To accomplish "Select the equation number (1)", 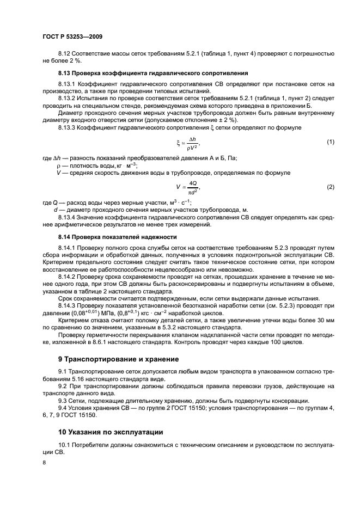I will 330,142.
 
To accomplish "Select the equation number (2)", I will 330,187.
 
